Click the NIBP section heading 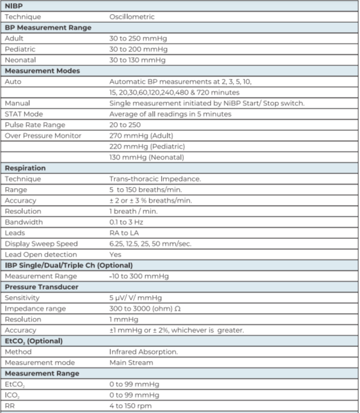tap(15, 6)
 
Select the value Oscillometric tap(131, 17)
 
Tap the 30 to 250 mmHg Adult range tap(137, 39)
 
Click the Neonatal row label tap(19, 60)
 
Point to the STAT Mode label tap(24, 114)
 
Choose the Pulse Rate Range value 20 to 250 tap(125, 125)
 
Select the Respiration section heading tap(25, 168)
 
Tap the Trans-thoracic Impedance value tap(155, 179)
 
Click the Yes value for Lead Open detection tap(116, 255)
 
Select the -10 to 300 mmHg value tap(140, 276)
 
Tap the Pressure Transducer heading tap(41, 287)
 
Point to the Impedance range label tap(35, 308)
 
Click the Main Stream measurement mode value tap(131, 362)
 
